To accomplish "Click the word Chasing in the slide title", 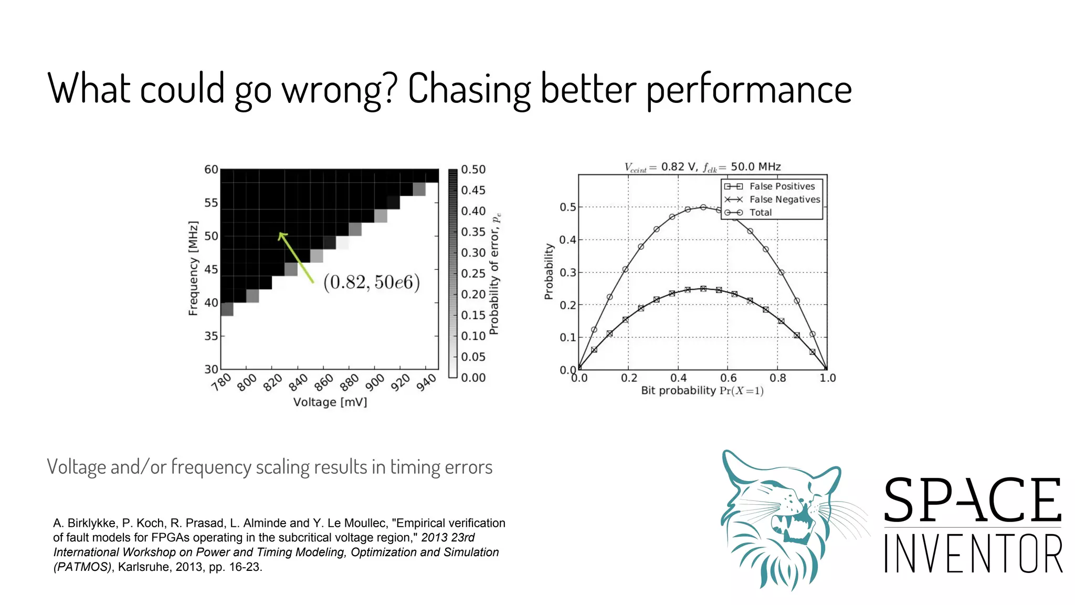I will pyautogui.click(x=469, y=89).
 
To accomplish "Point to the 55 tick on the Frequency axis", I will pyautogui.click(x=211, y=203).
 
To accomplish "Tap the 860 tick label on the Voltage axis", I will pyautogui.click(x=324, y=382).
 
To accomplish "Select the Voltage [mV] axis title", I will pyautogui.click(x=330, y=402).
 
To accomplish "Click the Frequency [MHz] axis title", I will pyautogui.click(x=193, y=268).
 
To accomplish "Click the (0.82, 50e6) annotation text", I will pyautogui.click(x=372, y=283).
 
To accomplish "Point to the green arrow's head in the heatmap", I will pyautogui.click(x=281, y=236).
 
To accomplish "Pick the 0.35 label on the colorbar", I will pyautogui.click(x=473, y=232).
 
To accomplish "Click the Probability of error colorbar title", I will pyautogui.click(x=494, y=274).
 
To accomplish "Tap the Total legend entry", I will pyautogui.click(x=760, y=213).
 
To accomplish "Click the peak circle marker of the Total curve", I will pyautogui.click(x=703, y=207).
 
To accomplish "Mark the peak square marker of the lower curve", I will pyautogui.click(x=703, y=289).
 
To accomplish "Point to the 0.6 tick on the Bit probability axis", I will pyautogui.click(x=728, y=378).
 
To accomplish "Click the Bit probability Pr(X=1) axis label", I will pyautogui.click(x=702, y=391).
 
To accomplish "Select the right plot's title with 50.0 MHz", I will pyautogui.click(x=702, y=167).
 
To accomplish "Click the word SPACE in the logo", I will pyautogui.click(x=973, y=500).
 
